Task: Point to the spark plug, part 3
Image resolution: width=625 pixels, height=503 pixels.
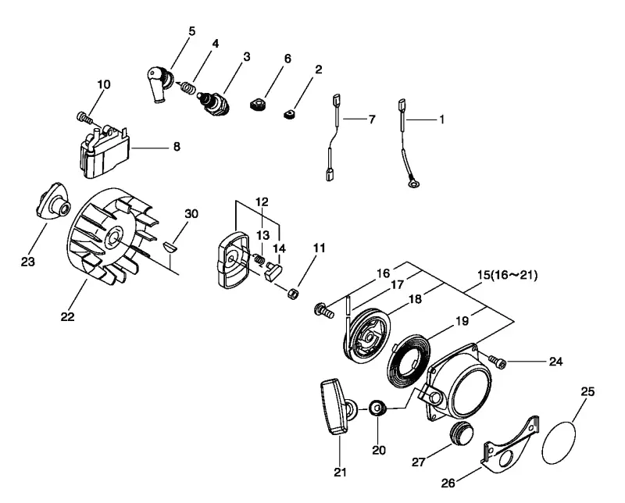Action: click(x=213, y=101)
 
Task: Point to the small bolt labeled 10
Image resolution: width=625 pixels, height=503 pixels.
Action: click(x=84, y=117)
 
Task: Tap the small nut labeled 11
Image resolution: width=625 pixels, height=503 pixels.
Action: click(x=293, y=294)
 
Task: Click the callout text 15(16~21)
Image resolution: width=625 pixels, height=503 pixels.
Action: click(x=507, y=275)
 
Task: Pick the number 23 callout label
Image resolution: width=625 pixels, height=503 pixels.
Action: click(x=28, y=262)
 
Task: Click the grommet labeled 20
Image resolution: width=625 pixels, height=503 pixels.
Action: click(x=377, y=408)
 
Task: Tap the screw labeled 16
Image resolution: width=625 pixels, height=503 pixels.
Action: click(x=323, y=310)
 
